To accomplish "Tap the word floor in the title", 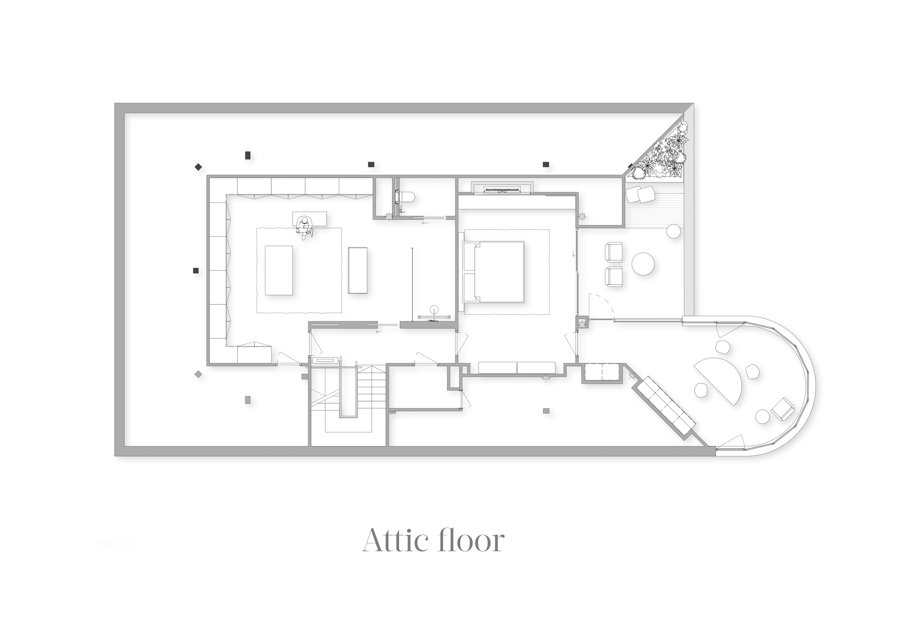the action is coord(471,541).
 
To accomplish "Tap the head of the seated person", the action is coord(304,220).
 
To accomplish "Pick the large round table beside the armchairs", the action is coord(643,263).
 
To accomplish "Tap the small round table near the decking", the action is coord(673,231).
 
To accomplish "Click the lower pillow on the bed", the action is coord(470,287).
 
